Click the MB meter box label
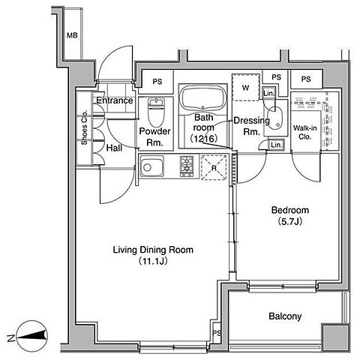point(72,35)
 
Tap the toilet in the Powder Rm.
point(155,112)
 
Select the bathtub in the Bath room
point(202,98)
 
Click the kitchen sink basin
point(151,166)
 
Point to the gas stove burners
point(187,166)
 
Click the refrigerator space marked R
point(214,167)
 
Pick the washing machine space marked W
point(245,87)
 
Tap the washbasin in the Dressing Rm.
point(276,118)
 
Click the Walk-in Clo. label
point(304,133)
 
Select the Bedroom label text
point(290,210)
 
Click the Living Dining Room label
point(153,250)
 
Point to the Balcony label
point(285,316)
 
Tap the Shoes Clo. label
point(84,127)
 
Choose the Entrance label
point(115,100)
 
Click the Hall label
point(114,148)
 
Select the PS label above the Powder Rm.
point(157,82)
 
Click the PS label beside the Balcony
point(217,333)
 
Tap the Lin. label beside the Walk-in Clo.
point(276,145)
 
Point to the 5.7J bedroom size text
point(290,222)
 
